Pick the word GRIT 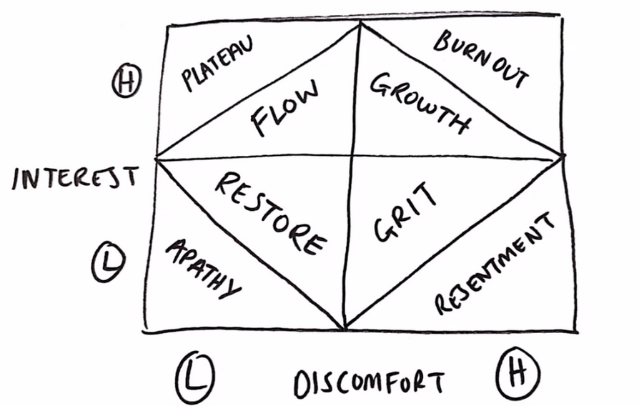(404, 213)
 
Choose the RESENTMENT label (494, 264)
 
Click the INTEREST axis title (75, 177)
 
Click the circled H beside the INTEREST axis (127, 84)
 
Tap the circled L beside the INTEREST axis (108, 264)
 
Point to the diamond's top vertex (360, 23)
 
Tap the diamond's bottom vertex (345, 327)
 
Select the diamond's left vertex (157, 157)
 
